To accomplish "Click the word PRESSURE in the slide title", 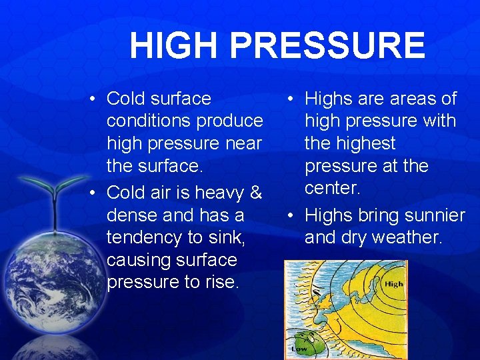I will [331, 45].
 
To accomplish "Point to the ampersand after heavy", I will [255, 193].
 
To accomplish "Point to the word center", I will [333, 187].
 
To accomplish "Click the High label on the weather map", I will [393, 283].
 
